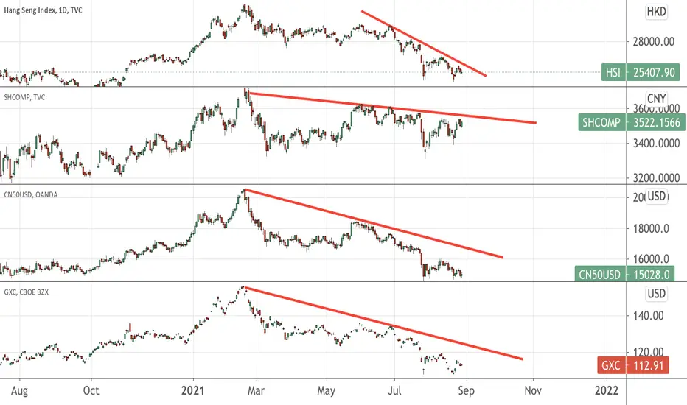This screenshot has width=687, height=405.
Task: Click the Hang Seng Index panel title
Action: point(43,10)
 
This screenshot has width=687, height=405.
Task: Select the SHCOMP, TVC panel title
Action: point(24,97)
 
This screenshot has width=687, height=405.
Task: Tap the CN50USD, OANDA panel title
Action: point(31,195)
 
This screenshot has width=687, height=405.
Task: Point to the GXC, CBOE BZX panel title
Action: point(27,292)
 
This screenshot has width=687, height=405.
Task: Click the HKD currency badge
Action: point(656,11)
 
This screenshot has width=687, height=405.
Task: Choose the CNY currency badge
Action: point(656,98)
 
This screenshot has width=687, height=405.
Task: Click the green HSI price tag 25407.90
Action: point(641,72)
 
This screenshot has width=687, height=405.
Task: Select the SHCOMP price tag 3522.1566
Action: point(632,122)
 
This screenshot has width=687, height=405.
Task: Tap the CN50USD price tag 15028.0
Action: point(624,275)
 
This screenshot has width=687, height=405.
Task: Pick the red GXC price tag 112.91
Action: point(632,365)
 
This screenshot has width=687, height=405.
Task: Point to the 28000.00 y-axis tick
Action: point(653,41)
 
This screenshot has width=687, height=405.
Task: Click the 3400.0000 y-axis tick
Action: point(656,143)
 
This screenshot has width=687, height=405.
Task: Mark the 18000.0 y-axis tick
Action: point(651,228)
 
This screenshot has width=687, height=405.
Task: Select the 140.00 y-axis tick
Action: point(648,315)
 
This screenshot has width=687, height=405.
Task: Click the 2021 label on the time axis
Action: point(193,390)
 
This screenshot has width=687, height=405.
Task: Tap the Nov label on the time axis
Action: point(533,390)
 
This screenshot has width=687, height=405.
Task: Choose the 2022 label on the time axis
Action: point(607,390)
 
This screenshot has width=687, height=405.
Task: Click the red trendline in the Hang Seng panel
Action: point(424,43)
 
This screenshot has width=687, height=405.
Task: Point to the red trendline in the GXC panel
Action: point(383,323)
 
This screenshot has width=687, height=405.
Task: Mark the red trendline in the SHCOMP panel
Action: point(391,108)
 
